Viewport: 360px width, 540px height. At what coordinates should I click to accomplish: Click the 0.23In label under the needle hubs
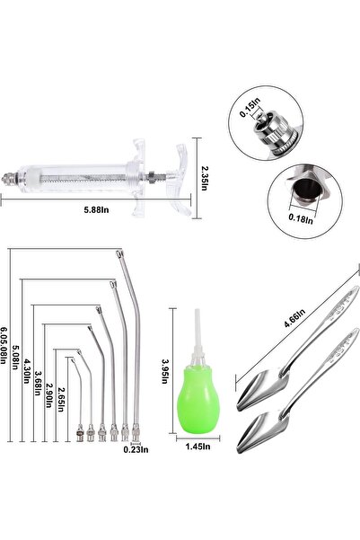[x=136, y=451]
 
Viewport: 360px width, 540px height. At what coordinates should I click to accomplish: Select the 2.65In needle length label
[x=60, y=397]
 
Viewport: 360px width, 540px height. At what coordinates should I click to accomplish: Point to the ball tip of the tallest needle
[x=118, y=254]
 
